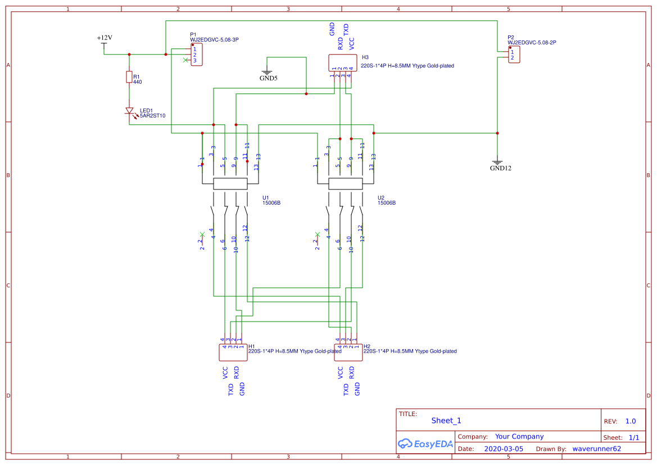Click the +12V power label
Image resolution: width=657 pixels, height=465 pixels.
coord(105,38)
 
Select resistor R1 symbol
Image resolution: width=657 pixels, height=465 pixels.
coord(129,77)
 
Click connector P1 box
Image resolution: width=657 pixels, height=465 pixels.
coord(196,55)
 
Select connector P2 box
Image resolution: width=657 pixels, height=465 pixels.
coord(514,55)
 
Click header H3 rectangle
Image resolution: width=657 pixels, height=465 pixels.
coord(342,62)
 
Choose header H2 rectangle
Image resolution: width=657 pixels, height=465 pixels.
coord(348,353)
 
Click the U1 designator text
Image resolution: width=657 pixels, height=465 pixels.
coord(266,198)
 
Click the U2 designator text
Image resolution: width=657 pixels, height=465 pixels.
coord(381,198)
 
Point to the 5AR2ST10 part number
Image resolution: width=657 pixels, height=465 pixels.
coord(153,116)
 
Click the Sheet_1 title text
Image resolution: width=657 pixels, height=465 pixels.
coord(446,421)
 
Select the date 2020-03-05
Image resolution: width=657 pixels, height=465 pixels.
coord(504,449)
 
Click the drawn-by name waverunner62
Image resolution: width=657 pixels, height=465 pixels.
coord(597,449)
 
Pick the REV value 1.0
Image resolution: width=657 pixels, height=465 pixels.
coord(630,421)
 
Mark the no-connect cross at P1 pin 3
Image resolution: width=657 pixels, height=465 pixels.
coord(187,60)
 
